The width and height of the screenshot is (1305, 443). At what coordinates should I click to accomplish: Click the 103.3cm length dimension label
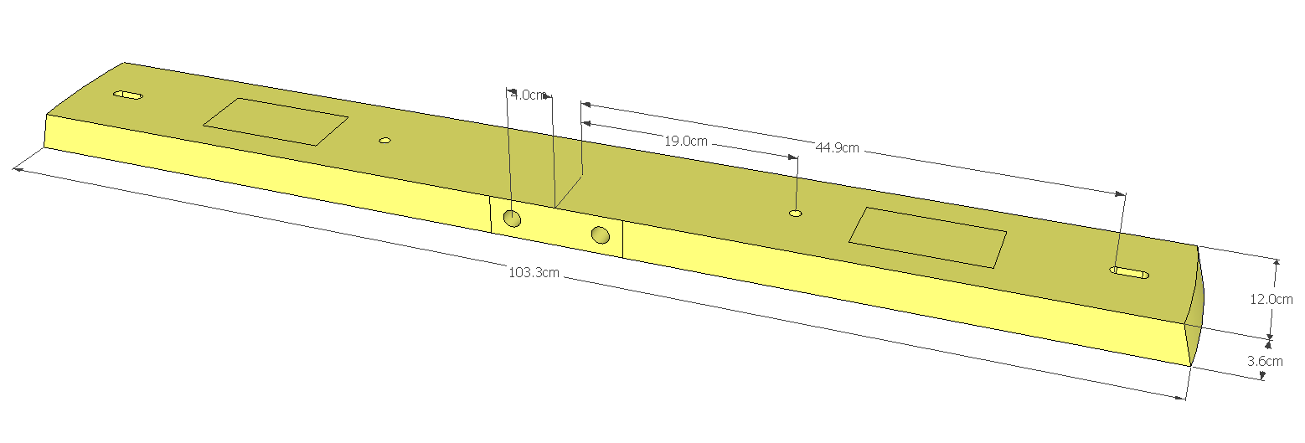(534, 272)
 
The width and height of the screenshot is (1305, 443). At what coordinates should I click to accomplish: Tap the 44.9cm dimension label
(837, 148)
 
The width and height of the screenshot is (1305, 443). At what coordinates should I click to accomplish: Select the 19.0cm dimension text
(686, 141)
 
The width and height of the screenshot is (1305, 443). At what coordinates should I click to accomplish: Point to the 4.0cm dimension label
(529, 95)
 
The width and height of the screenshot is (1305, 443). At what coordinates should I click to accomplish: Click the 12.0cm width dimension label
(1271, 299)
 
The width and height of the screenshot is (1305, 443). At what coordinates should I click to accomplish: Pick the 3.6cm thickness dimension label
(1265, 361)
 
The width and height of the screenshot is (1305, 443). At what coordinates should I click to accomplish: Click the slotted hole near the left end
(128, 95)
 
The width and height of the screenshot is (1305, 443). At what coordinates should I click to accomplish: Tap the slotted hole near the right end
(1129, 272)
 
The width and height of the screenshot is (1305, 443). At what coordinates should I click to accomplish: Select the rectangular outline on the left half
(275, 121)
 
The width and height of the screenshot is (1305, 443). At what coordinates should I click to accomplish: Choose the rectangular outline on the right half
(927, 238)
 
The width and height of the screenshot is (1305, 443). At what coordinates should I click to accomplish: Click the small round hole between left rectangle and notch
(384, 141)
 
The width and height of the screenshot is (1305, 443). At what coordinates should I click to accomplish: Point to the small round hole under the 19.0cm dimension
(795, 214)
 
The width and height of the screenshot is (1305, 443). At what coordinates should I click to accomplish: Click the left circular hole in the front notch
(512, 219)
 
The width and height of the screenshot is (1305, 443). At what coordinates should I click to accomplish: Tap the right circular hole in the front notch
(600, 234)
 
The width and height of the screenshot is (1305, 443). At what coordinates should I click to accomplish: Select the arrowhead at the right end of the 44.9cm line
(1121, 193)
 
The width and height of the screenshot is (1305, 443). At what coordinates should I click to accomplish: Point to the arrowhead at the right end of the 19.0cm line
(792, 157)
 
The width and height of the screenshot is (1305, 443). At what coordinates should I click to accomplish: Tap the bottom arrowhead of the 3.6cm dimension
(1262, 375)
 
